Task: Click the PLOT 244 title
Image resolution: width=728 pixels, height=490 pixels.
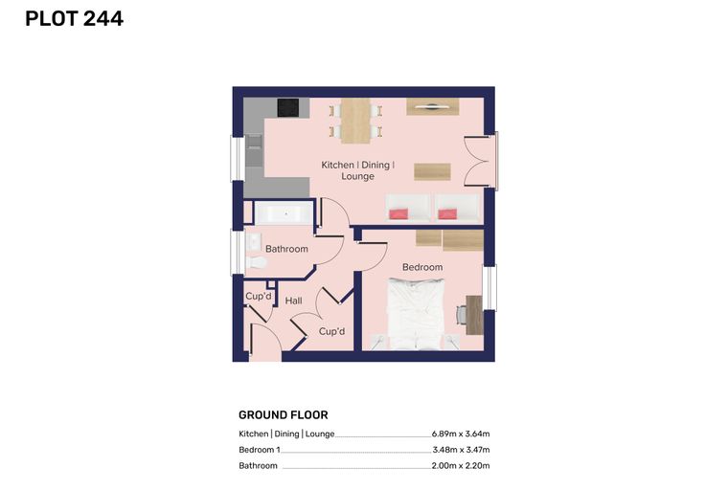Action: click(x=75, y=19)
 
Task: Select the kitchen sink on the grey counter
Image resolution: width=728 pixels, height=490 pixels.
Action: click(x=254, y=150)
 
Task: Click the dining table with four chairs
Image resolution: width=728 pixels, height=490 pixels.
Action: click(x=355, y=121)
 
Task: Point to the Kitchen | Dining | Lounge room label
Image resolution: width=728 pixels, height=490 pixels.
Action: click(x=358, y=170)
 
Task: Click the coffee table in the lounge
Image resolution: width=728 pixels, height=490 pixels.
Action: click(x=432, y=171)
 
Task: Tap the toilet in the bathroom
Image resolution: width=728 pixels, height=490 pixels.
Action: click(x=256, y=262)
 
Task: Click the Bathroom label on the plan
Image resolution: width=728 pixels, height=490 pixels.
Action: click(x=286, y=249)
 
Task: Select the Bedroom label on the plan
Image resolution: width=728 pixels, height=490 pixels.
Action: click(x=422, y=267)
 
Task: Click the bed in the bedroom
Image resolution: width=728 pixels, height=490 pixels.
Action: click(x=416, y=314)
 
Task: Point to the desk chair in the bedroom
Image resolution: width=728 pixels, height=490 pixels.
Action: click(x=461, y=316)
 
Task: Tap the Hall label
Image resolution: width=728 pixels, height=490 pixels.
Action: click(x=293, y=301)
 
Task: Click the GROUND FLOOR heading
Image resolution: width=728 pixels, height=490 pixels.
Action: click(x=284, y=414)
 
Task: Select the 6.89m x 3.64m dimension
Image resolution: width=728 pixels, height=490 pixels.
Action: click(x=461, y=434)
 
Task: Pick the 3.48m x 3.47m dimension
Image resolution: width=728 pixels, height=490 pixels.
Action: click(x=461, y=450)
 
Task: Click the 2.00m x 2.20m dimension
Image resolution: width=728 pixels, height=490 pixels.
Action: click(x=461, y=465)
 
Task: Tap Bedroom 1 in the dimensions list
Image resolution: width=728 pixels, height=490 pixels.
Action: click(x=260, y=450)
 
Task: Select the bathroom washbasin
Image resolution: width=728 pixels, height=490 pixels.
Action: click(x=254, y=241)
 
